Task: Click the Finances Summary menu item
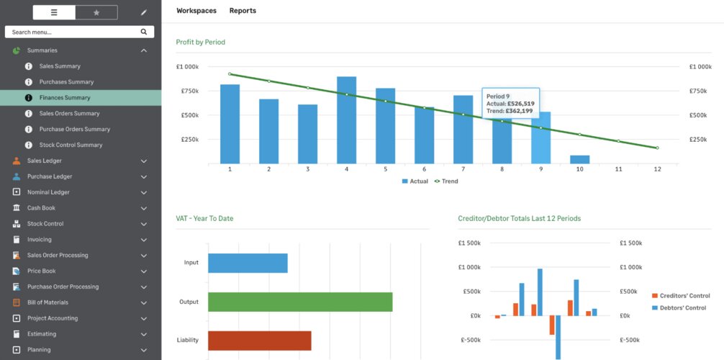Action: pos(65,97)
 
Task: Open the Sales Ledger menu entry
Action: pos(45,161)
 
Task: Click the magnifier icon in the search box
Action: pos(144,32)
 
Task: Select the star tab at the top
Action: pos(96,12)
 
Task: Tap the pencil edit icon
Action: pos(144,12)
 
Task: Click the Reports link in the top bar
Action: pos(243,11)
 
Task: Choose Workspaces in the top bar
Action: pos(196,11)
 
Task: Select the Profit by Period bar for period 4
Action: pos(346,120)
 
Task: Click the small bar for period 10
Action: pos(579,159)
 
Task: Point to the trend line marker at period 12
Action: pos(657,148)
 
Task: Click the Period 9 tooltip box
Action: pos(510,103)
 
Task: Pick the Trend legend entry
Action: pos(446,181)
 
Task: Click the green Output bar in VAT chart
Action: pos(300,302)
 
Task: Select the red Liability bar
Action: pos(260,341)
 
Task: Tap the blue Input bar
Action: pos(248,263)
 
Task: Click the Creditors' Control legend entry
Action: pos(681,296)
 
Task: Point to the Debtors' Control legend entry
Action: pos(679,307)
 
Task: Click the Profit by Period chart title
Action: pos(200,42)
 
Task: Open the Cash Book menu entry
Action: pos(41,208)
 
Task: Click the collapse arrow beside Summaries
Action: pos(144,50)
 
